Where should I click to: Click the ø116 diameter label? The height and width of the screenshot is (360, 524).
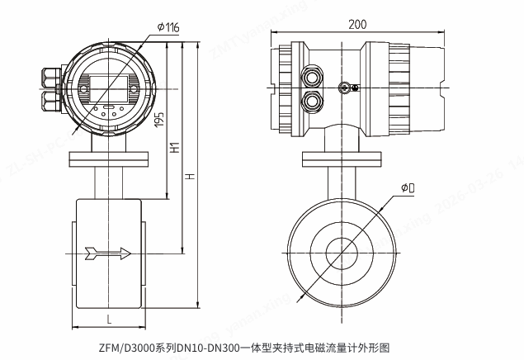[x=168, y=27]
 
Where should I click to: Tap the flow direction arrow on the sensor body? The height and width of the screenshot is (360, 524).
[x=107, y=253]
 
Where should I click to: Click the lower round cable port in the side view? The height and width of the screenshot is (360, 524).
[x=314, y=102]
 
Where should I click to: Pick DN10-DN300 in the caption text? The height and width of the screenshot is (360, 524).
[x=206, y=348]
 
